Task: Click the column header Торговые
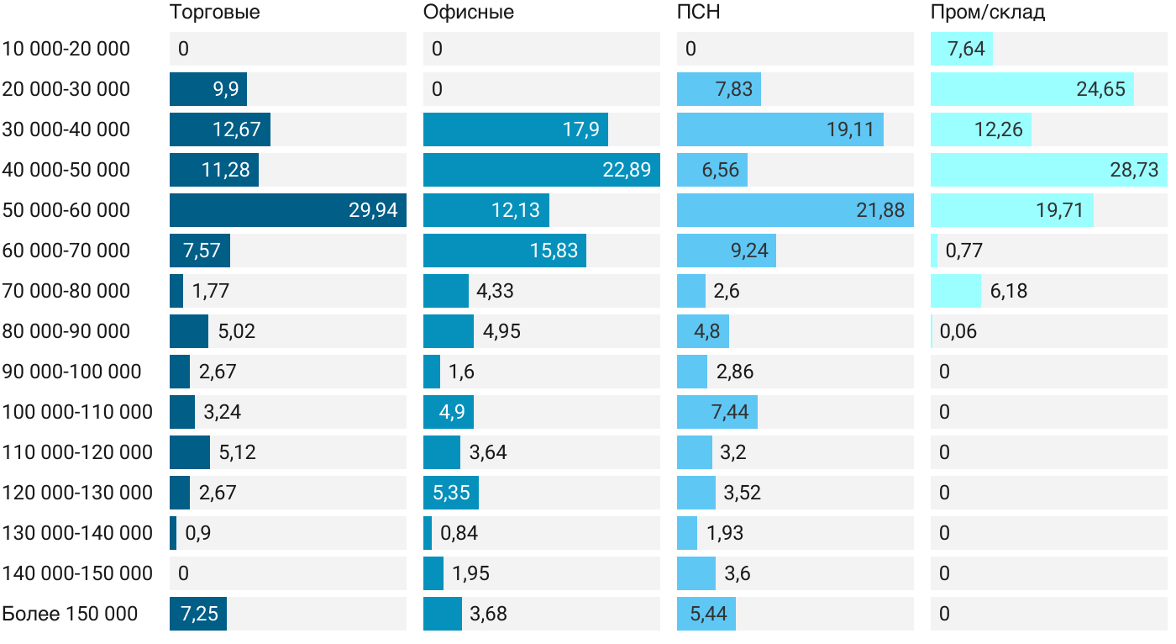coord(214,13)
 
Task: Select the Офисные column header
coord(469,13)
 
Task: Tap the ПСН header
coord(699,13)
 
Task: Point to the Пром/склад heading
coord(988,13)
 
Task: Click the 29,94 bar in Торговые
coord(287,210)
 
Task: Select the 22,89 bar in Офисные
coord(541,170)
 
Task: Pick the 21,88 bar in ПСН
coord(795,210)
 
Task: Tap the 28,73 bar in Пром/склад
coord(1048,170)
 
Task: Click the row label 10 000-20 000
coord(66,49)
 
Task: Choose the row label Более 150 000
coord(70,614)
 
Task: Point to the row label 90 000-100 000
coord(72,372)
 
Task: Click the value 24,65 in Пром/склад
coord(1100,89)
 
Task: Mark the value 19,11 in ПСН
coord(850,129)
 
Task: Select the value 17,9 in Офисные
coord(580,129)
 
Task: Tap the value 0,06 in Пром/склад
coord(958,331)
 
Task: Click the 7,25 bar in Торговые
coord(198,614)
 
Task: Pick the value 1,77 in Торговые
coord(211,291)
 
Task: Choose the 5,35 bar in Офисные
coord(451,493)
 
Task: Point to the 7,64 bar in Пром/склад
coord(962,49)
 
